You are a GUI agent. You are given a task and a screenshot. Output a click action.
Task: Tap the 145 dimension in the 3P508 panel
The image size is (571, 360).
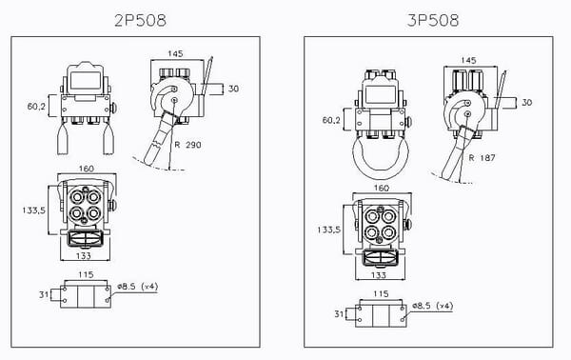(x=467, y=59)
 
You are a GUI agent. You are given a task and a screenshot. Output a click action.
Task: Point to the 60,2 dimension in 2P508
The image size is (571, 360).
(x=37, y=108)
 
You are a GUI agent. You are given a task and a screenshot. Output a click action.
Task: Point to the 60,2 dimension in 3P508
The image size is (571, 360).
(x=329, y=121)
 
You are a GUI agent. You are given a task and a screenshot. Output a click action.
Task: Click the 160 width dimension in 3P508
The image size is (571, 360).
(x=382, y=189)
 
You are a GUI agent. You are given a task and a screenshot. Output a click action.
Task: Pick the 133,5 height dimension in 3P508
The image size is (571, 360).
(x=330, y=230)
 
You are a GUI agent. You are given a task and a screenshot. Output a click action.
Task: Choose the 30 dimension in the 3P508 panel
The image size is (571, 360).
(x=526, y=102)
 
